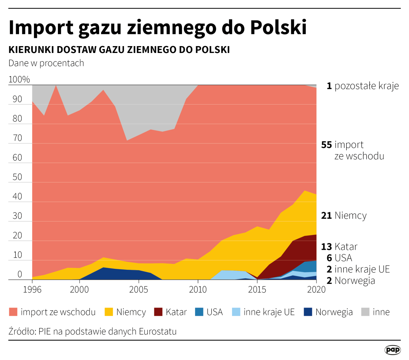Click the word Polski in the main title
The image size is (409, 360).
coord(278,27)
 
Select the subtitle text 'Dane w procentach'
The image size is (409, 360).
coord(46,63)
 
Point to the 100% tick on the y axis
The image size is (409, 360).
coord(19,79)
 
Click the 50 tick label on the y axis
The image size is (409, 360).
coord(17,177)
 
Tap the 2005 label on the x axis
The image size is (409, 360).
coord(138,289)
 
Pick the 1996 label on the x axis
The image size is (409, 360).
coord(32,289)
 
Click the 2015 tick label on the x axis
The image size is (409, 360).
coord(257,289)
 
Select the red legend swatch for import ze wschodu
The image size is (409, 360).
coord(13,312)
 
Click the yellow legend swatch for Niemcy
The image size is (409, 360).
coord(109,312)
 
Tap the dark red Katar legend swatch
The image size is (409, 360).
coord(158,312)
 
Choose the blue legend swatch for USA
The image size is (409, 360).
coord(199,312)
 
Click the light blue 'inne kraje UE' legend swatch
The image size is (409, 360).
coord(236,312)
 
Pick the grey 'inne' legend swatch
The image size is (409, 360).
coord(365,312)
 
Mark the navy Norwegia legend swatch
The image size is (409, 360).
coord(308,312)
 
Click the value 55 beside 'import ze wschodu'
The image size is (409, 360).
coord(326,145)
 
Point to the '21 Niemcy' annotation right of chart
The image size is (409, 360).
coord(344,215)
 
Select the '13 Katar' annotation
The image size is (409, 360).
coord(339,247)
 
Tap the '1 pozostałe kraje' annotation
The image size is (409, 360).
coord(363,86)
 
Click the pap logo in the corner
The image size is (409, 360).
coord(392,350)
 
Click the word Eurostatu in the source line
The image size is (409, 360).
coord(158,332)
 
